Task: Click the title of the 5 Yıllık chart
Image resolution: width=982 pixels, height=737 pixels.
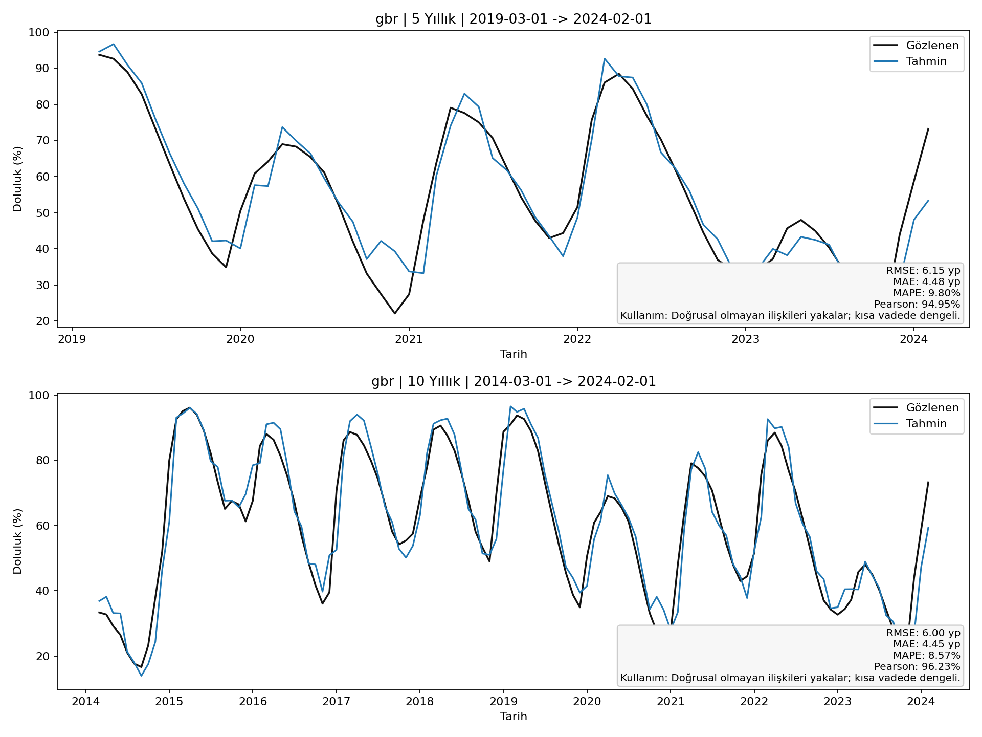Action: coord(514,19)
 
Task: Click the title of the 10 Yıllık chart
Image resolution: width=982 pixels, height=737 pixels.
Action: coord(514,382)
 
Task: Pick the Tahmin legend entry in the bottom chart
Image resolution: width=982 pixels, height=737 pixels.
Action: coord(926,424)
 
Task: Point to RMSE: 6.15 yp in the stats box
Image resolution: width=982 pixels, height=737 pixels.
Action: coord(923,271)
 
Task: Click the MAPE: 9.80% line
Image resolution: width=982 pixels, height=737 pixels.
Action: coord(926,293)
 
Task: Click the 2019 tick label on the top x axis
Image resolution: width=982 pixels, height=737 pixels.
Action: coord(72,339)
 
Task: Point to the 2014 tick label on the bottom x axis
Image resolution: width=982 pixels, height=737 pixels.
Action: coord(85,701)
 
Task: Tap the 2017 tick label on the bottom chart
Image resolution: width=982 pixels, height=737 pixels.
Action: coord(336,701)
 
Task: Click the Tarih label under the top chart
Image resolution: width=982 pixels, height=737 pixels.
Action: coord(514,354)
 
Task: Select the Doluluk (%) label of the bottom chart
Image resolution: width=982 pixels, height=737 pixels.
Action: coord(17,541)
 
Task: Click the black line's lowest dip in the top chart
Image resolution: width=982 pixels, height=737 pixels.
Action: coord(394,313)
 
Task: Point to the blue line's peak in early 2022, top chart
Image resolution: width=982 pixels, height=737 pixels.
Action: coord(605,59)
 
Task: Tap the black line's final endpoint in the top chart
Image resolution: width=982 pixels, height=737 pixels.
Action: coord(928,129)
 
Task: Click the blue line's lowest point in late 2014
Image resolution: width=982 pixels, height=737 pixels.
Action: coord(141,676)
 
